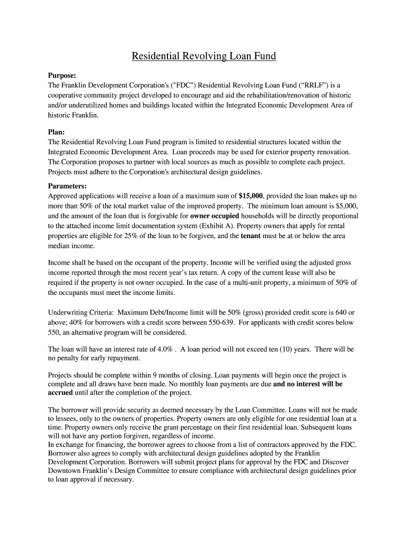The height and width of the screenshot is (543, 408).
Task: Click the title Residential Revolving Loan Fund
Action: point(204,56)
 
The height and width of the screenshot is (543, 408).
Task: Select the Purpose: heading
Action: point(62,76)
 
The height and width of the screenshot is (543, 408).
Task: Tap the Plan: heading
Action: point(56,132)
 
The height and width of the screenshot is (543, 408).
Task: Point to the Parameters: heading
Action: point(67,186)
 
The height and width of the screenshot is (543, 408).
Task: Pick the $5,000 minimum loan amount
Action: point(345,206)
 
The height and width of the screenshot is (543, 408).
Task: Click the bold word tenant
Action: point(250,236)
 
